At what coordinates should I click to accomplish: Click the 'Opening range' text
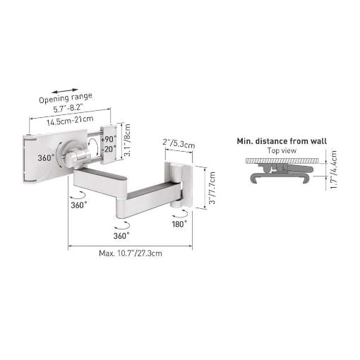click(66, 97)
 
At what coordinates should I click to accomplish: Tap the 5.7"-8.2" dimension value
click(68, 109)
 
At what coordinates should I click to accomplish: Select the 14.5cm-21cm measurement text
click(70, 120)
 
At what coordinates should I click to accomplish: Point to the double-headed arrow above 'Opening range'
click(65, 91)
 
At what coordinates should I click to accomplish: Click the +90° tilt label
click(109, 139)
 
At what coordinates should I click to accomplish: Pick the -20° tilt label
click(109, 149)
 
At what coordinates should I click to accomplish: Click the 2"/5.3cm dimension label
click(179, 143)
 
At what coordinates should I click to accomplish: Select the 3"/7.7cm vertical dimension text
click(212, 188)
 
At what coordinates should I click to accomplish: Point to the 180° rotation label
click(179, 224)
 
